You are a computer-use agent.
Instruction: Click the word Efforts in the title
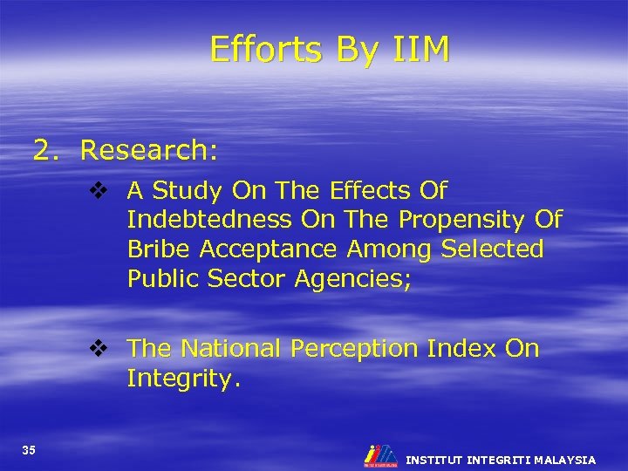pos(265,50)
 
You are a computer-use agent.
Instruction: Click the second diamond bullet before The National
pos(98,349)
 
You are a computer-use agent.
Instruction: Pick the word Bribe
pos(159,249)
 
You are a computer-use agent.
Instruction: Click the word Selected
pos(492,249)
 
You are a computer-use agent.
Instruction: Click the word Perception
pos(354,349)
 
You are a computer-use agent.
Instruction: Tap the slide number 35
pos(29,450)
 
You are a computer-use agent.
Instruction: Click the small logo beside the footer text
pos(380,456)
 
